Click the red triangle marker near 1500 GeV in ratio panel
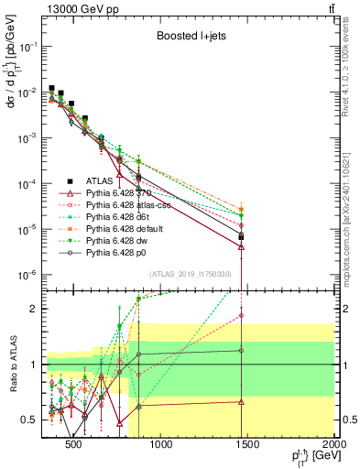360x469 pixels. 241,401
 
